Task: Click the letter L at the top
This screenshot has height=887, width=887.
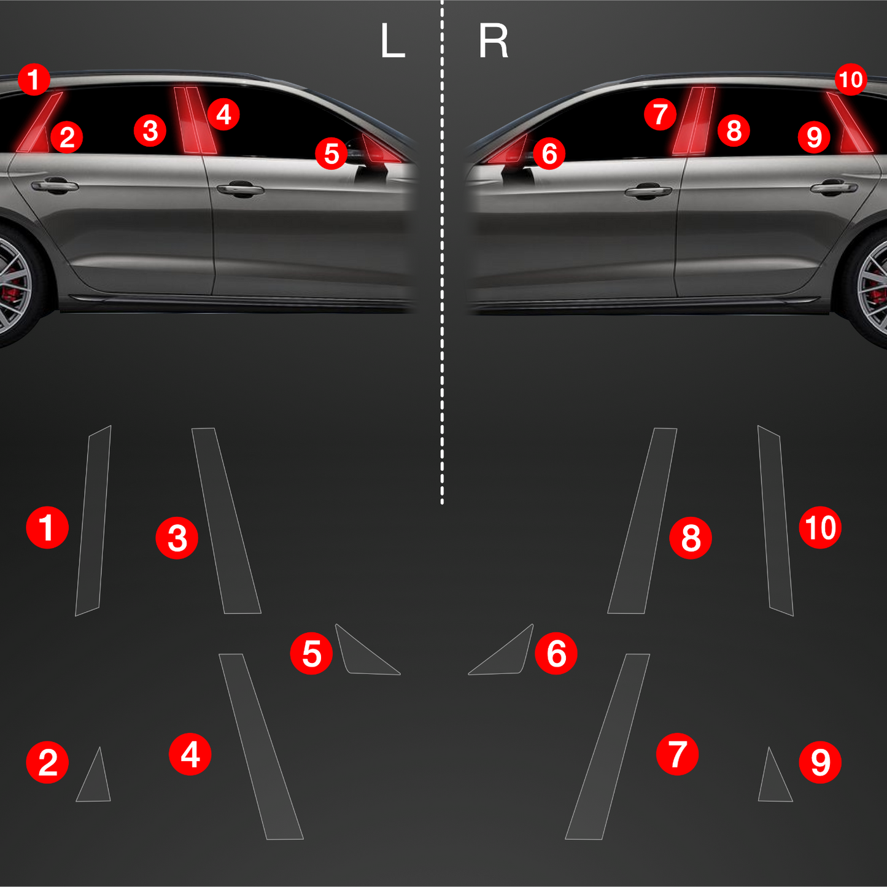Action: (393, 41)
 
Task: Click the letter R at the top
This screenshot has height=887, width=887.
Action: (493, 41)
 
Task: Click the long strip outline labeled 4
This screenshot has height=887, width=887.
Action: (260, 746)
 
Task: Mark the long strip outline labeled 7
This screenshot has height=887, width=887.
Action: (608, 746)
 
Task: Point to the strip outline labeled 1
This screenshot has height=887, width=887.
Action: (93, 520)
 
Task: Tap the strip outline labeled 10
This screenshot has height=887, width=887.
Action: (776, 520)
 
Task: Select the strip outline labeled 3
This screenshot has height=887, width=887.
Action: (226, 521)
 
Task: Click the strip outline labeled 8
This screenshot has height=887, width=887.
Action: (643, 521)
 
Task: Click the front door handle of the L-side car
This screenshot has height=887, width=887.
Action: (240, 189)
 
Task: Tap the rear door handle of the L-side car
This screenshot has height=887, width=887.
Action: (54, 186)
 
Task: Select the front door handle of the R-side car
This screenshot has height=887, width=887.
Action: (648, 190)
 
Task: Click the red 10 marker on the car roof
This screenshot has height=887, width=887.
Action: (851, 80)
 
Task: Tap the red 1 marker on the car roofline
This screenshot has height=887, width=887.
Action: (34, 80)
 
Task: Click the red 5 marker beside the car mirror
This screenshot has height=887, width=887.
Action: (331, 153)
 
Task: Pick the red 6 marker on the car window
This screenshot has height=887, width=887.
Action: (549, 153)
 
